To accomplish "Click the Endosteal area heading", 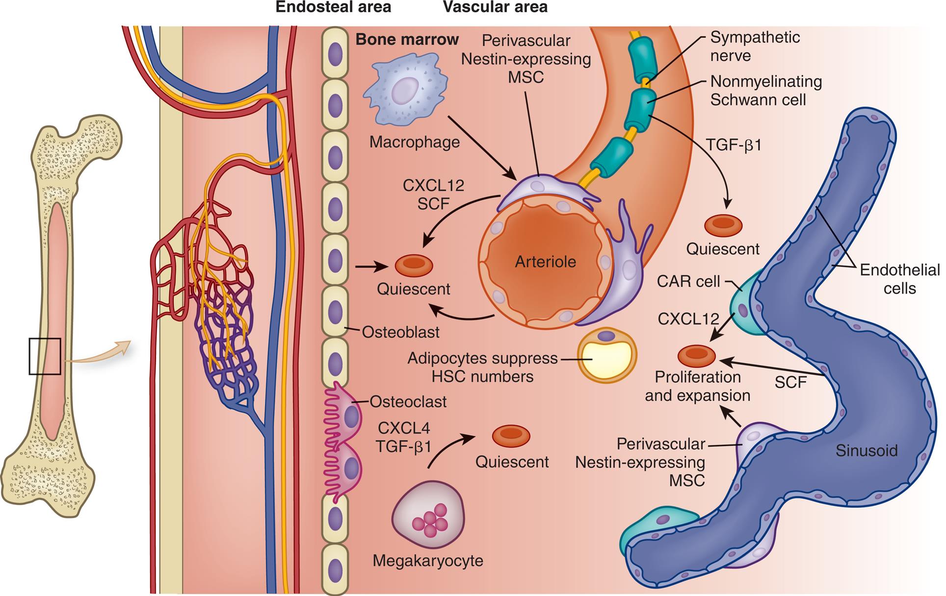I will [333, 7].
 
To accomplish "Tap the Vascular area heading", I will [495, 7].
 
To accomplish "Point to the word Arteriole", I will [545, 262].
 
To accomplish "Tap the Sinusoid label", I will [866, 451].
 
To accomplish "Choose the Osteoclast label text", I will [408, 402].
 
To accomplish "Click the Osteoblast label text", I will [400, 332].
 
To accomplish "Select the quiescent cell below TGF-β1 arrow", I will [723, 225].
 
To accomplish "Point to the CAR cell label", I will [688, 282].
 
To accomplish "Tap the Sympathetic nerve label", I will [755, 47].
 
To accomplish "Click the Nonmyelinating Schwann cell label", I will [765, 91].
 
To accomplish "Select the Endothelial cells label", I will [899, 279].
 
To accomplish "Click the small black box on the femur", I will [45, 356].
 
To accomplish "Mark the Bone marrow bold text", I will [407, 40].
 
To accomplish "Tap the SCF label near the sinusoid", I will [790, 382].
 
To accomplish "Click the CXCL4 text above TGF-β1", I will [403, 428].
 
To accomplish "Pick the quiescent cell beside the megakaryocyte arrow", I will [511, 435].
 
